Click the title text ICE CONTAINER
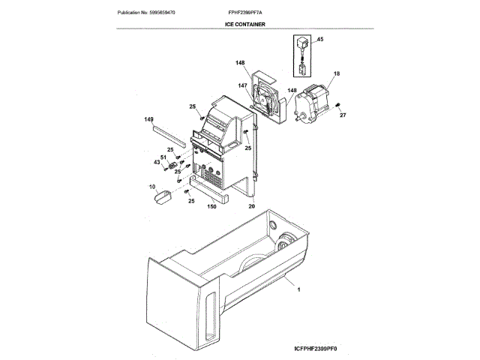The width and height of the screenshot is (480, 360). pyautogui.click(x=244, y=25)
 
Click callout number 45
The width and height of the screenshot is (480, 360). pyautogui.click(x=319, y=39)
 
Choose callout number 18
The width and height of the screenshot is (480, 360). pyautogui.click(x=336, y=73)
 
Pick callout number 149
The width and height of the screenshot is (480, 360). pyautogui.click(x=148, y=119)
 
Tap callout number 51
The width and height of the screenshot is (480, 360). pyautogui.click(x=162, y=157)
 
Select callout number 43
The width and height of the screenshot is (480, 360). pyautogui.click(x=157, y=163)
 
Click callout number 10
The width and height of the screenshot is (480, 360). pyautogui.click(x=152, y=186)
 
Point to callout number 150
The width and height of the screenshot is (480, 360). pyautogui.click(x=211, y=206)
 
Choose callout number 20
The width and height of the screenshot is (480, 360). pyautogui.click(x=251, y=206)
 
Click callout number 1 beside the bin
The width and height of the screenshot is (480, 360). pyautogui.click(x=298, y=289)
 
